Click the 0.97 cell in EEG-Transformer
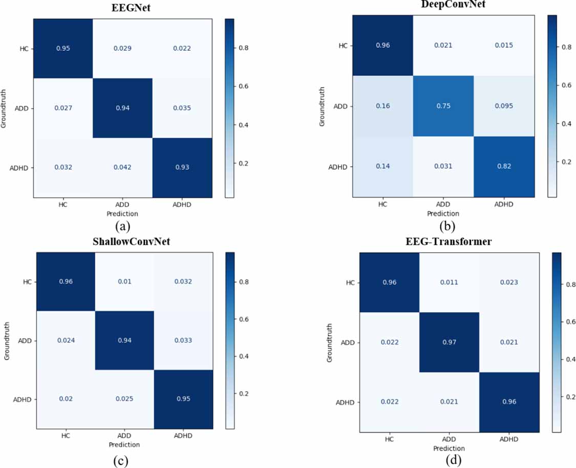click(449, 342)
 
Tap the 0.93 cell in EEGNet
click(182, 167)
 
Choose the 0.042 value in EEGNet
click(122, 167)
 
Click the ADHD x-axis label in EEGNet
click(182, 205)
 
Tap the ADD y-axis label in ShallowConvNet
click(26, 340)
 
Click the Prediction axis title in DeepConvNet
click(443, 213)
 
